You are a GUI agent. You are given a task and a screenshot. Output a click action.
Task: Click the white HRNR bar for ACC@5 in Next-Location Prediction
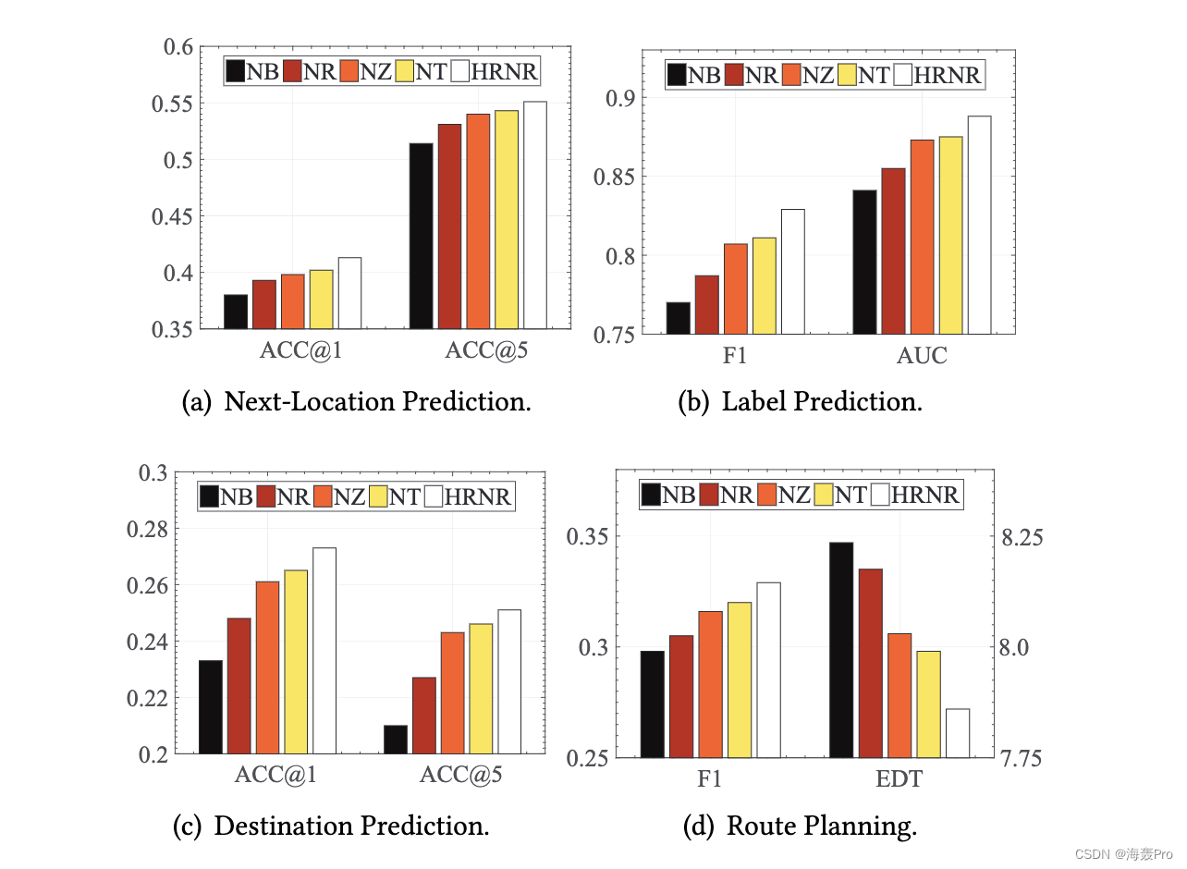point(535,214)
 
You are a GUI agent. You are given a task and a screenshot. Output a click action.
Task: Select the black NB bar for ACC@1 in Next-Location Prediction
point(236,312)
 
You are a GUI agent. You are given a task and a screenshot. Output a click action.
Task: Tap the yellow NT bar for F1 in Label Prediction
point(765,286)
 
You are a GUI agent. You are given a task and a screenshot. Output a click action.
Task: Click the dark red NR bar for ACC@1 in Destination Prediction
point(239,686)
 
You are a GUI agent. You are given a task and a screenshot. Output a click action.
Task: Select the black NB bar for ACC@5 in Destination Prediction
point(396,740)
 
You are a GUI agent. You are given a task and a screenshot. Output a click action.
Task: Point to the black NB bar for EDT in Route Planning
point(841,650)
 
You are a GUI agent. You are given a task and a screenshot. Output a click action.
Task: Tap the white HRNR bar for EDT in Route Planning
point(957,733)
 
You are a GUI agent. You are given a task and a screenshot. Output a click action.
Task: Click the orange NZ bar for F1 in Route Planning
point(710,684)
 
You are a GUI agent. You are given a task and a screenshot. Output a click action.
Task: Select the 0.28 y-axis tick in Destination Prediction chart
point(153,530)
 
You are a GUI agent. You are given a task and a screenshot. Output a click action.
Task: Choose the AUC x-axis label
point(922,356)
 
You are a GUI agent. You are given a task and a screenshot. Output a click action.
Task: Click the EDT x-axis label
point(899,780)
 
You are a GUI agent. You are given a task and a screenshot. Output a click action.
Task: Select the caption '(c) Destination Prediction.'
point(331,826)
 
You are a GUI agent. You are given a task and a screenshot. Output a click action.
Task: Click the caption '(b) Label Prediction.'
point(801,402)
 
